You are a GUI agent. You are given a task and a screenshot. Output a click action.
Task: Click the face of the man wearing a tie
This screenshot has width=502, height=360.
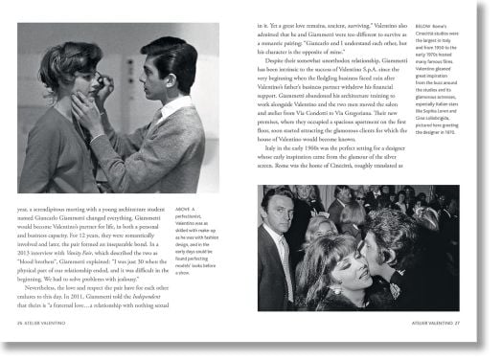(x=275, y=221)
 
